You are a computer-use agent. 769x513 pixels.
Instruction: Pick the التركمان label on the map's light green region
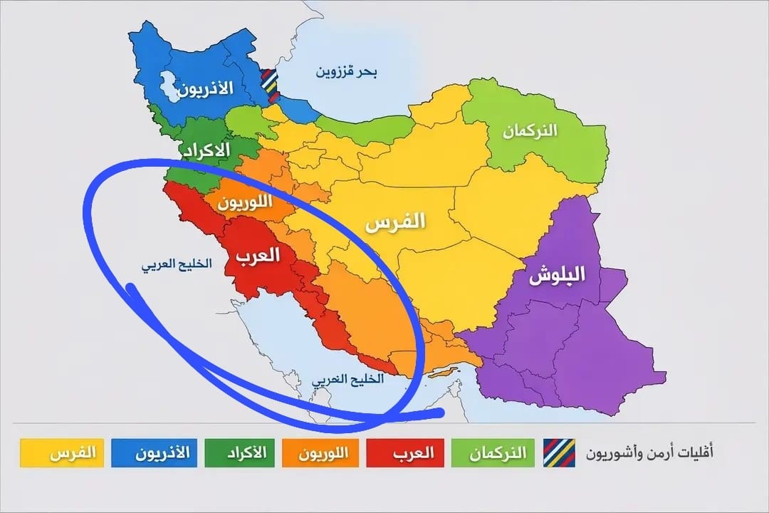tap(530, 131)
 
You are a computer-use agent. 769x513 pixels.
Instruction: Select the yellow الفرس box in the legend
tap(62, 453)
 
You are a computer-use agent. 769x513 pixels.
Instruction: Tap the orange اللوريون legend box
tap(325, 453)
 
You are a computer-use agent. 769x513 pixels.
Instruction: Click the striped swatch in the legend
tap(558, 452)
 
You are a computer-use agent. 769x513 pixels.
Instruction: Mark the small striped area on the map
tap(269, 81)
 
